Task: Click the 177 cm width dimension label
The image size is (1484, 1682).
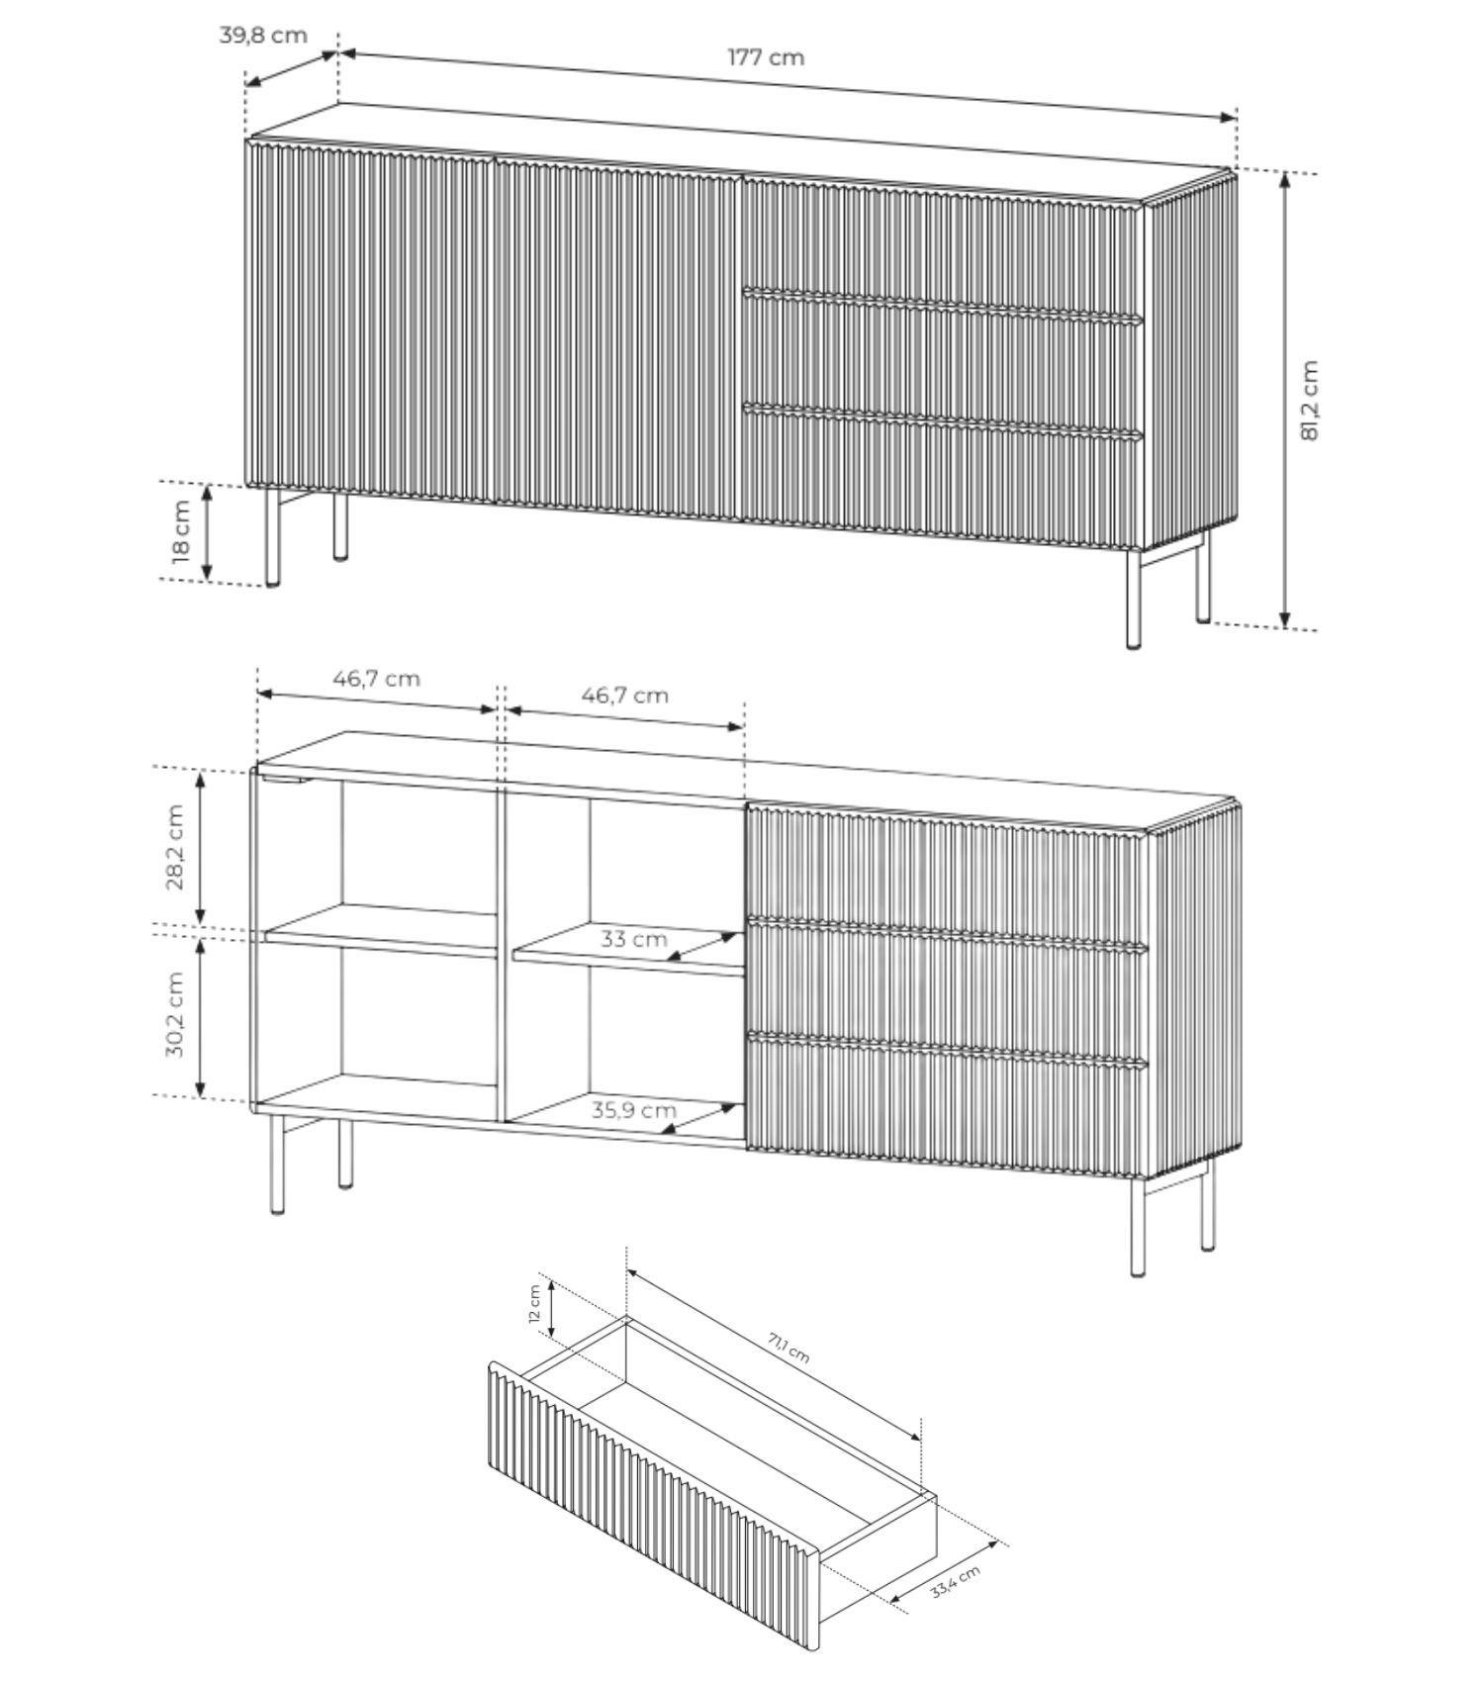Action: [x=766, y=57]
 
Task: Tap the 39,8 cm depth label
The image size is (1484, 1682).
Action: [x=263, y=35]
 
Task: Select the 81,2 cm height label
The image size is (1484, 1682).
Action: [x=1311, y=400]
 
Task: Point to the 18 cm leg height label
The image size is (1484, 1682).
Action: [x=181, y=531]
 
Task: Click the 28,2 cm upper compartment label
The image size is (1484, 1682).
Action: [x=175, y=847]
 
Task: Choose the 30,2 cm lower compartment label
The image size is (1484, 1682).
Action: [x=175, y=1013]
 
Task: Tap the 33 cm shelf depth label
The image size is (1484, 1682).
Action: [x=634, y=938]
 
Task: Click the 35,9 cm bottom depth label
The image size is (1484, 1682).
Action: [x=634, y=1109]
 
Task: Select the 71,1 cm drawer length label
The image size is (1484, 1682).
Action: [x=788, y=1348]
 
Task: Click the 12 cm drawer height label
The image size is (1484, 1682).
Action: [x=534, y=1303]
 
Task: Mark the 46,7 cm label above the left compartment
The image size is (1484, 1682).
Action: [x=376, y=679]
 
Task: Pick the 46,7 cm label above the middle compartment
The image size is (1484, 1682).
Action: [x=624, y=695]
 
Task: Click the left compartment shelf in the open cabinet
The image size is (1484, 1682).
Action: [x=381, y=930]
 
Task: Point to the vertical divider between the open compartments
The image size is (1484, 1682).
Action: [x=502, y=954]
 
